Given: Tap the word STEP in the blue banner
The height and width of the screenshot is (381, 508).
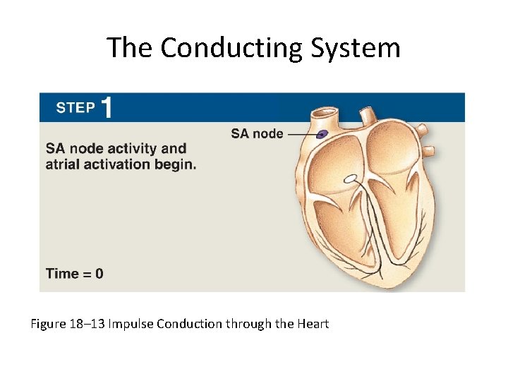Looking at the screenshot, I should click(75, 108).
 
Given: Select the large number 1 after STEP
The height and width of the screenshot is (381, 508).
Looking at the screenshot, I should click(107, 108).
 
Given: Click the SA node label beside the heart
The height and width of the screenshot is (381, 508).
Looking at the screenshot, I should click(257, 133).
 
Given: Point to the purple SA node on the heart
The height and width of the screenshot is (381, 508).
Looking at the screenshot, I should click(322, 134).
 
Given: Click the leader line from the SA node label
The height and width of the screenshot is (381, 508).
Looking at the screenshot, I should click(301, 133).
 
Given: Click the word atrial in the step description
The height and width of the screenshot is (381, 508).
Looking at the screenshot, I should click(64, 164).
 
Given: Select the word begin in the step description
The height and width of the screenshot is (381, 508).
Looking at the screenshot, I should click(178, 164).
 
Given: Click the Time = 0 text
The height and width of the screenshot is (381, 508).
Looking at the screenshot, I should click(74, 273).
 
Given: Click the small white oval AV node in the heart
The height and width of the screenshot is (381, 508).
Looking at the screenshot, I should click(349, 179).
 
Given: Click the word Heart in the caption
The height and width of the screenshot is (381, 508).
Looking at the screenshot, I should click(313, 324).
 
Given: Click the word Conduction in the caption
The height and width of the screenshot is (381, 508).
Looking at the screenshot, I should click(188, 324).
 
